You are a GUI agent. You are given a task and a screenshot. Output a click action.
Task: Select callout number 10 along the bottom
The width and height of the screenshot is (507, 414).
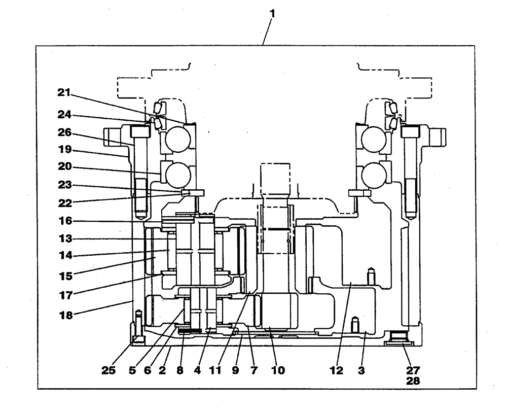pyautogui.click(x=278, y=371)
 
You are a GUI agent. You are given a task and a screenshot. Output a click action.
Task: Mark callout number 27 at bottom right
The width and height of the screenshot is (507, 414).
pyautogui.click(x=414, y=371)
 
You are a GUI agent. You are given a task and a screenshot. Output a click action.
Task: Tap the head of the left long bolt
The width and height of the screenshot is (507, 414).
pyautogui.click(x=139, y=132)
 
